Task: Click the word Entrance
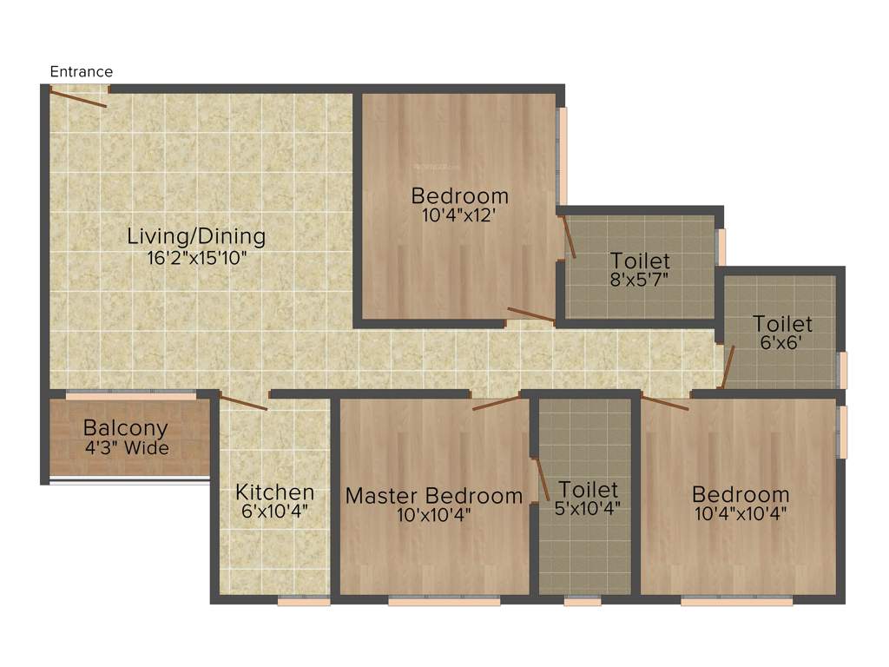pyautogui.click(x=82, y=72)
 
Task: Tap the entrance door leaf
pyautogui.click(x=78, y=97)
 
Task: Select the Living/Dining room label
pyautogui.click(x=196, y=235)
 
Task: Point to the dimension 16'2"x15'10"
pyautogui.click(x=196, y=256)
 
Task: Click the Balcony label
pyautogui.click(x=125, y=428)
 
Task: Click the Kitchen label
pyautogui.click(x=274, y=492)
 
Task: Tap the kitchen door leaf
pyautogui.click(x=244, y=402)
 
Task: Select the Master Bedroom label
pyautogui.click(x=434, y=496)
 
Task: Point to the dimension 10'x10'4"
pyautogui.click(x=434, y=514)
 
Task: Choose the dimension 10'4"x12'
pyautogui.click(x=459, y=215)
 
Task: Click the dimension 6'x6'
pyautogui.click(x=782, y=343)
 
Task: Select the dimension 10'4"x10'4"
pyautogui.click(x=741, y=513)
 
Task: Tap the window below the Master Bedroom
pyautogui.click(x=444, y=600)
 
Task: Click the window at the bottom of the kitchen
pyautogui.click(x=304, y=600)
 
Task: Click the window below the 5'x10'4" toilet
pyautogui.click(x=582, y=600)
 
